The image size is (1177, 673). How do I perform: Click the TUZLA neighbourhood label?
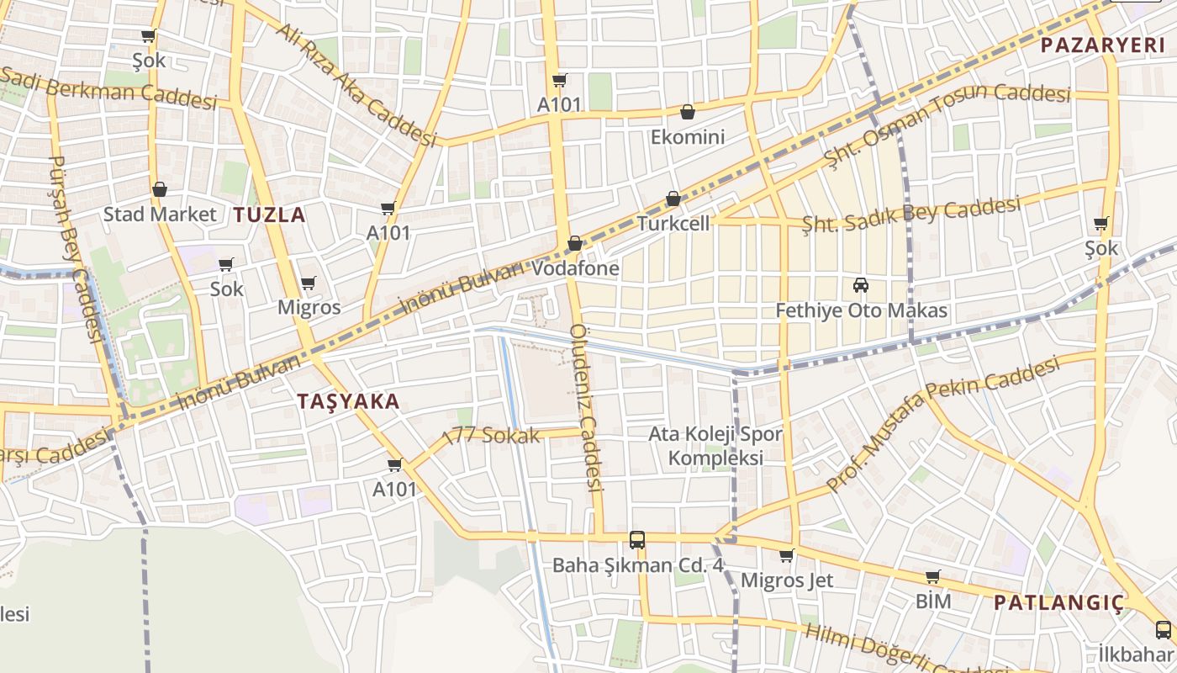coord(269,215)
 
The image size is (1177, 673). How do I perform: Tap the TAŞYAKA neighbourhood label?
coord(348,401)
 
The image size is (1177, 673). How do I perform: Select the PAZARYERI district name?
coord(1103,45)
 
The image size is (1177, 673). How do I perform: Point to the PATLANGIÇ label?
coord(1058,602)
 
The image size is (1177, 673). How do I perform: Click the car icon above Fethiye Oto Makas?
coord(860,285)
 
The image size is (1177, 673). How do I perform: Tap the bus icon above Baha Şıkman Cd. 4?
coord(637,539)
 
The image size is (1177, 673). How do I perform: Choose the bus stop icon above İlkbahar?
coord(1163,629)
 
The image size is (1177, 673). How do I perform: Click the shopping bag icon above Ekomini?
coord(687,112)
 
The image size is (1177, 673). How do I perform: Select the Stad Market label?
coord(160,214)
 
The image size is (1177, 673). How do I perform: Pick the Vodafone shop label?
coord(576,268)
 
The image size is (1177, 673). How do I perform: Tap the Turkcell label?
coord(673,224)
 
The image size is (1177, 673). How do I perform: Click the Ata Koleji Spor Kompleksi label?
coord(715,446)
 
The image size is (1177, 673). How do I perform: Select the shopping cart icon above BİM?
coord(932,577)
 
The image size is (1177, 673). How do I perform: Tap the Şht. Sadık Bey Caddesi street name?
coord(911,215)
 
